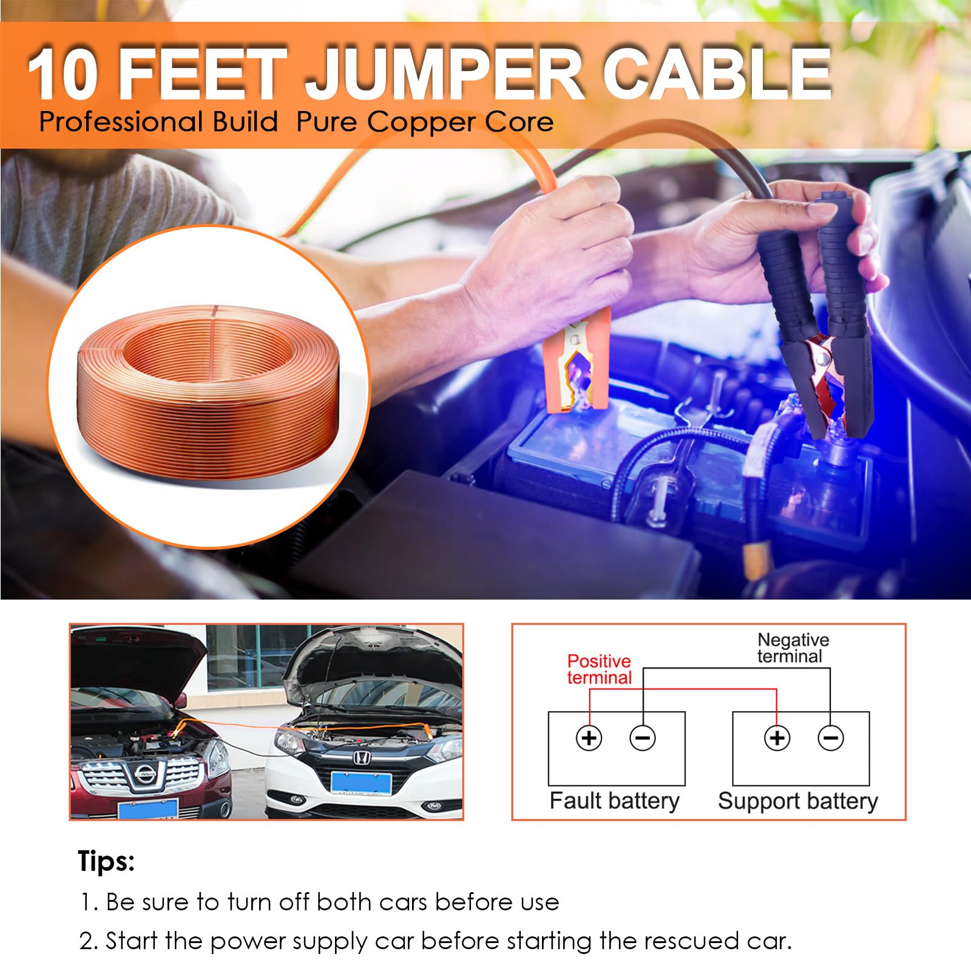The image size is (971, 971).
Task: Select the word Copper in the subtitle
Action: point(413,122)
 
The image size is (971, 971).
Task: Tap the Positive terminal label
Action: point(599,669)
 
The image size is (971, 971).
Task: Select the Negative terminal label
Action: point(792,648)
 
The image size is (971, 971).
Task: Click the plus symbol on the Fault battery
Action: point(589,738)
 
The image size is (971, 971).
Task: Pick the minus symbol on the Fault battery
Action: point(643,738)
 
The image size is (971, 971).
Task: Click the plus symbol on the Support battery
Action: point(777,738)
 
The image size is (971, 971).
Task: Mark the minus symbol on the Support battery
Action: point(830,738)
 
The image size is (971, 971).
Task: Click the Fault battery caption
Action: point(614,801)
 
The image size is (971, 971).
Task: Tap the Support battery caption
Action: point(797,801)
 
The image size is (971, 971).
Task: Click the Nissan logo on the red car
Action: point(145,773)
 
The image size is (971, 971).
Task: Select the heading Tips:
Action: point(106,861)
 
